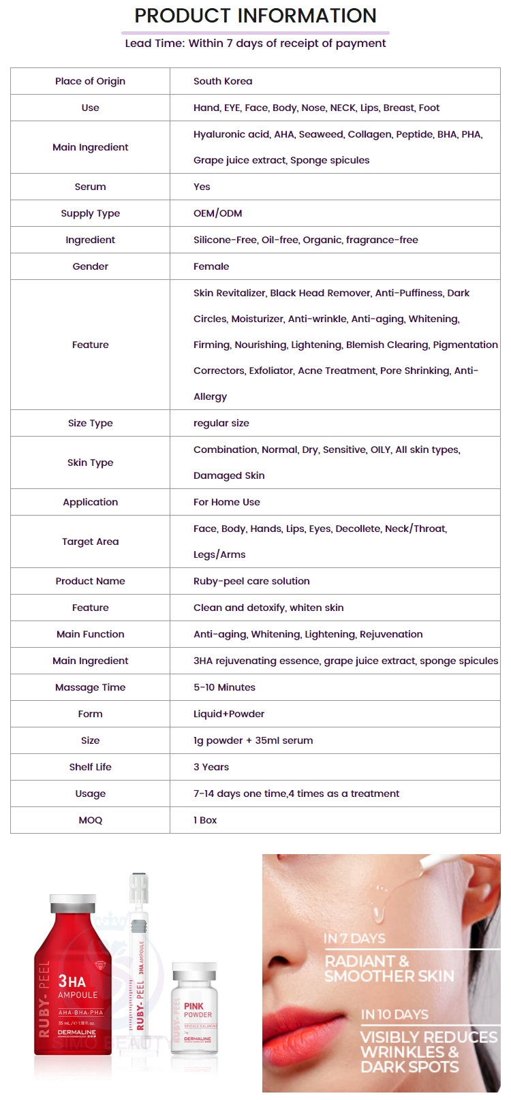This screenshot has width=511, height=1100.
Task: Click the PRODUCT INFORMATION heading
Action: click(255, 16)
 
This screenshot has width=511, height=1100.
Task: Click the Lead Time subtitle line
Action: click(255, 44)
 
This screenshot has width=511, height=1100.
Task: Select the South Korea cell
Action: click(223, 81)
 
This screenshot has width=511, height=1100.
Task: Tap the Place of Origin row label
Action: click(90, 81)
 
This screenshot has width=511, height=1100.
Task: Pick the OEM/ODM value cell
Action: click(217, 213)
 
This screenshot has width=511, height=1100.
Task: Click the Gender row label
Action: click(90, 266)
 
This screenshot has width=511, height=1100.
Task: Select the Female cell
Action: click(211, 266)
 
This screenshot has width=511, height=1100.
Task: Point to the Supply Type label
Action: click(90, 213)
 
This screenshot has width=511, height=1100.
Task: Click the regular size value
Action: click(221, 423)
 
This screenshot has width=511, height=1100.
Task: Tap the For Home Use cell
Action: click(227, 502)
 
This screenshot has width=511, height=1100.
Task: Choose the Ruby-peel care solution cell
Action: click(251, 581)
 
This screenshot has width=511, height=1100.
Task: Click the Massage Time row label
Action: click(90, 687)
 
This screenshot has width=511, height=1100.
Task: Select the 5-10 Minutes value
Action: click(224, 687)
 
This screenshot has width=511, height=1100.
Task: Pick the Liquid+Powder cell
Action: click(229, 714)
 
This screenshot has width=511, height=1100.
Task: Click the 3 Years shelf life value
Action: click(211, 767)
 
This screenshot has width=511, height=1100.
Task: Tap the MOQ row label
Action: click(90, 820)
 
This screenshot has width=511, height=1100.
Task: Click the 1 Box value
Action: click(205, 820)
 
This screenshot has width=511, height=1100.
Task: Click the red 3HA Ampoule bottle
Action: click(73, 981)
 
